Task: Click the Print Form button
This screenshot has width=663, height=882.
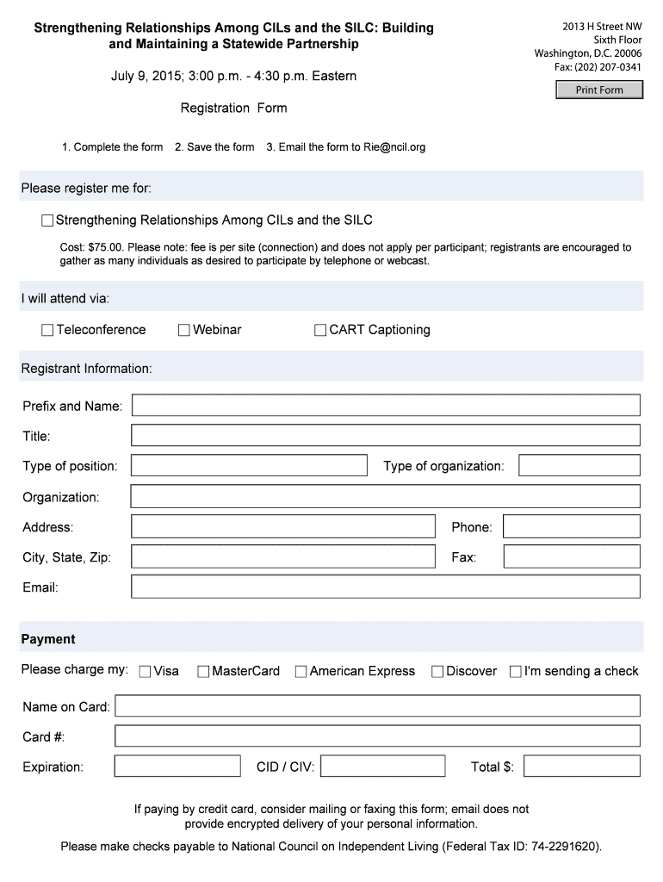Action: pos(599,90)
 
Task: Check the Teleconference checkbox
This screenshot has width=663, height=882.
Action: pos(47,330)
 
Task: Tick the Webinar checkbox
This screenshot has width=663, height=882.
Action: pos(184,330)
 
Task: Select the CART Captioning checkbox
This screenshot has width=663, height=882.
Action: pos(320,330)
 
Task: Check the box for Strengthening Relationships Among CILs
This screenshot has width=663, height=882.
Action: pos(47,220)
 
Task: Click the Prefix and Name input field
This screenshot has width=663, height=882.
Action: pos(385,406)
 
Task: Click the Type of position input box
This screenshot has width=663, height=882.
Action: pos(249,466)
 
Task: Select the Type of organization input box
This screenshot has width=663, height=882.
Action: pos(579,466)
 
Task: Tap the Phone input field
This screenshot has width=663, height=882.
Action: pos(571,526)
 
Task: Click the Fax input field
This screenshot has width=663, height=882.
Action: pos(571,556)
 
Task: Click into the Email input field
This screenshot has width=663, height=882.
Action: pos(385,587)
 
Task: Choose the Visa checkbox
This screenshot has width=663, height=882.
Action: pos(145,672)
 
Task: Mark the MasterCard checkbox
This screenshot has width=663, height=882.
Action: pos(203,672)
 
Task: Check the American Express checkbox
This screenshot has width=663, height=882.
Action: pos(301,672)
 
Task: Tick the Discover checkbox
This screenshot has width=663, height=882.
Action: pos(437,672)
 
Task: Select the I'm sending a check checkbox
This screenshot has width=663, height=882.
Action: pos(516,672)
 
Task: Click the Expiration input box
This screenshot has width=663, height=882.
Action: pos(177,766)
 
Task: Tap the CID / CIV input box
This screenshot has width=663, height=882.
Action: pos(382,766)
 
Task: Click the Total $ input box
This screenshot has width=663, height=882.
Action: pos(581,766)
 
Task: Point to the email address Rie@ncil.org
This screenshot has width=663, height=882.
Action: pos(394,147)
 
